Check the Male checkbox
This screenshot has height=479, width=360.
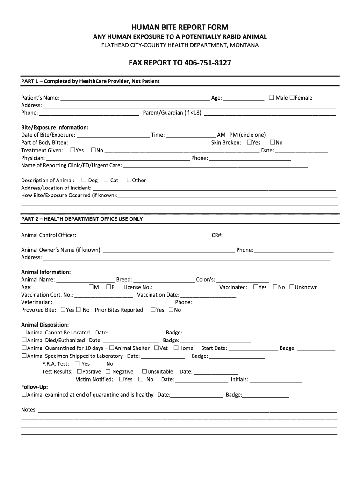click(x=271, y=97)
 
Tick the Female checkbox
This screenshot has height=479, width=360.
click(x=292, y=97)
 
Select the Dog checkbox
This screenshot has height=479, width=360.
click(x=84, y=180)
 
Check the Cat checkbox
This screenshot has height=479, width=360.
click(x=106, y=180)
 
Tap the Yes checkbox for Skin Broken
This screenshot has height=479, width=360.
click(x=249, y=142)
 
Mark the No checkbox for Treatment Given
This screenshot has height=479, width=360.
click(x=93, y=150)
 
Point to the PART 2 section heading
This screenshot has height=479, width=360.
click(x=82, y=219)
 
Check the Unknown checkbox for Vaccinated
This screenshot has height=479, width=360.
click(x=291, y=287)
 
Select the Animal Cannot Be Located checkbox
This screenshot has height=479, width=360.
click(x=24, y=332)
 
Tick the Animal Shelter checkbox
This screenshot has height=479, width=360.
click(x=111, y=348)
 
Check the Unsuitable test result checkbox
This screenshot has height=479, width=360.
click(x=144, y=371)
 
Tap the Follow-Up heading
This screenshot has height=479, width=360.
click(x=35, y=387)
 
